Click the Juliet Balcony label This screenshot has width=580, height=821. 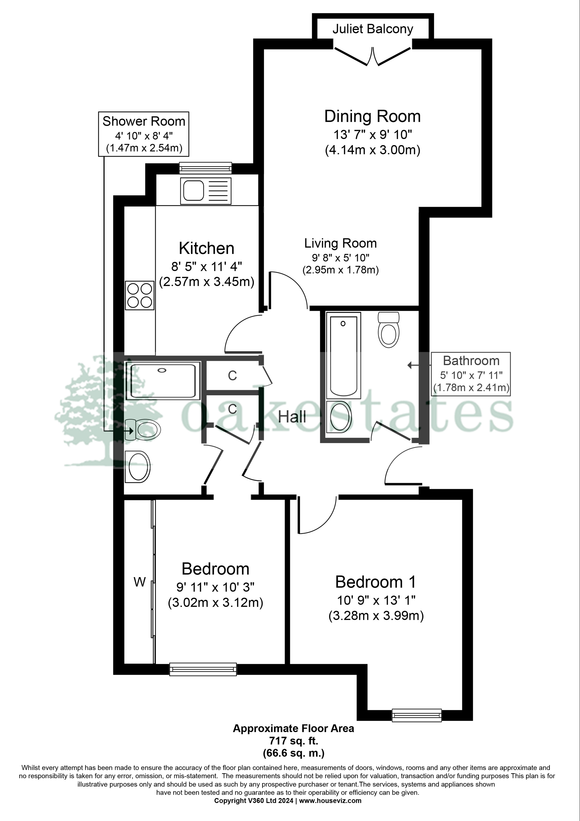373,29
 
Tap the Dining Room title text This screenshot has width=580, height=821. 372,117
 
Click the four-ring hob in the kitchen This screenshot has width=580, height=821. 139,295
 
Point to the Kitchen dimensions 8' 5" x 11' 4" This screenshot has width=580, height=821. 207,266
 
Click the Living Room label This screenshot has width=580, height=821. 340,244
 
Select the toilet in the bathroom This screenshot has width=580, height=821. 388,330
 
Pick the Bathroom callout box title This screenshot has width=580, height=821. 471,361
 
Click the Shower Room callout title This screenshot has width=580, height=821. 144,122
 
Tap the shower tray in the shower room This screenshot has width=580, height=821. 163,381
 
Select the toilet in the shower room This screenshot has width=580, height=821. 144,430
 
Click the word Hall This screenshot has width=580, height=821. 292,417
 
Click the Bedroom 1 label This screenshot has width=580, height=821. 375,582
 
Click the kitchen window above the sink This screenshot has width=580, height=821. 205,168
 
